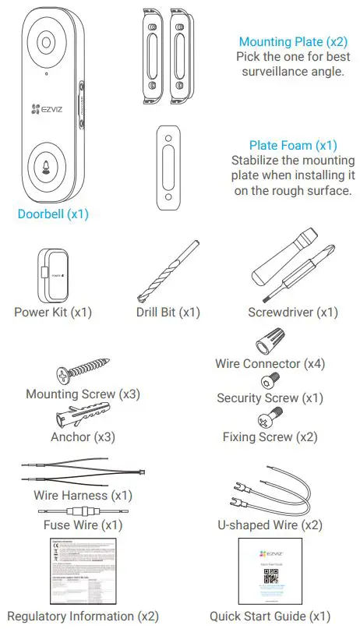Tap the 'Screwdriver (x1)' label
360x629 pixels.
coord(293,313)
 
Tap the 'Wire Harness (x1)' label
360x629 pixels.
coord(83,495)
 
